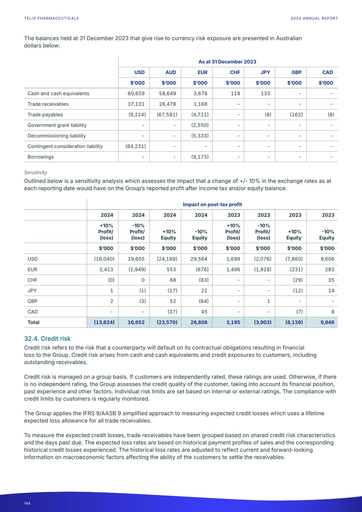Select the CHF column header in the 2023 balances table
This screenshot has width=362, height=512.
coord(235,72)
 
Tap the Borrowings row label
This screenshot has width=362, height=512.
coord(41,157)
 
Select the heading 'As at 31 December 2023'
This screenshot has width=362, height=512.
coord(227,62)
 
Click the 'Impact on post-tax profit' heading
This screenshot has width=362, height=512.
coord(212,204)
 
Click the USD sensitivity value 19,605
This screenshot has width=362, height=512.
coord(136,259)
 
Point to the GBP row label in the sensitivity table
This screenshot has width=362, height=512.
coord(32,301)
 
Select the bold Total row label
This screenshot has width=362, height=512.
coord(33,322)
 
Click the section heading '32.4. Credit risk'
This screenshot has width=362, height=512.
coord(47,339)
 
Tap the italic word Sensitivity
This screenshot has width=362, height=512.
coord(35,173)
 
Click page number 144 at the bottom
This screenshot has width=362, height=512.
coord(27,503)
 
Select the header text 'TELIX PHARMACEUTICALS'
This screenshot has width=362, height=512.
coord(51,18)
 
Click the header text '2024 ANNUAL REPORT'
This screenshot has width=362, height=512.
coord(314,18)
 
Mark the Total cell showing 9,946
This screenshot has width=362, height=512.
coord(327,322)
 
